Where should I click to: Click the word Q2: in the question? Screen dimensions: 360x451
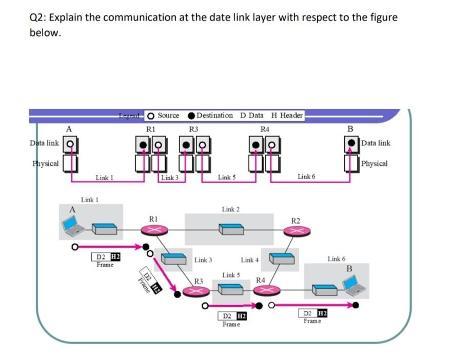(38, 17)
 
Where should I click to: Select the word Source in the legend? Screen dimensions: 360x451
(168, 115)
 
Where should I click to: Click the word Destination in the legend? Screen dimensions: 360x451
(214, 115)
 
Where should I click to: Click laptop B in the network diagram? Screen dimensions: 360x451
(351, 285)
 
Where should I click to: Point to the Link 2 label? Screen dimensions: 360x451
(230, 209)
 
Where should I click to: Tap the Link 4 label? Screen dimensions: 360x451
(249, 260)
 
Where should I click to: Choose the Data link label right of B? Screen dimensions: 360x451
(376, 143)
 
